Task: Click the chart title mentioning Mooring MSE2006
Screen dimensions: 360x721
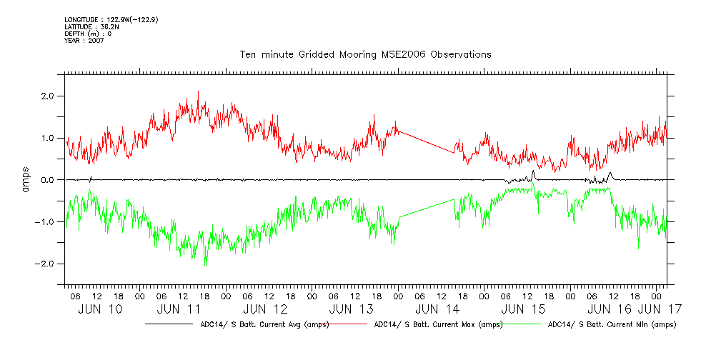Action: [x=365, y=54]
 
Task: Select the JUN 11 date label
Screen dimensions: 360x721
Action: [x=178, y=309]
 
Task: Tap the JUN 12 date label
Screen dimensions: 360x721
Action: [x=265, y=309]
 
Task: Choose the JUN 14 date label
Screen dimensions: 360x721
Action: [x=437, y=309]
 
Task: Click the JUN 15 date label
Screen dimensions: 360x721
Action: [x=524, y=309]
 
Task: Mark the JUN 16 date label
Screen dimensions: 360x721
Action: [x=610, y=309]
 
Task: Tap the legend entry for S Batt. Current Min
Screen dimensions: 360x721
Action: [x=611, y=324]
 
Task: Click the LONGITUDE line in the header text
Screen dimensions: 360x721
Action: [x=110, y=20]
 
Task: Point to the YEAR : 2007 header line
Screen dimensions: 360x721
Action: [x=84, y=41]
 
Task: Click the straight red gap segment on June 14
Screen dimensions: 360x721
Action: [x=427, y=141]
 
